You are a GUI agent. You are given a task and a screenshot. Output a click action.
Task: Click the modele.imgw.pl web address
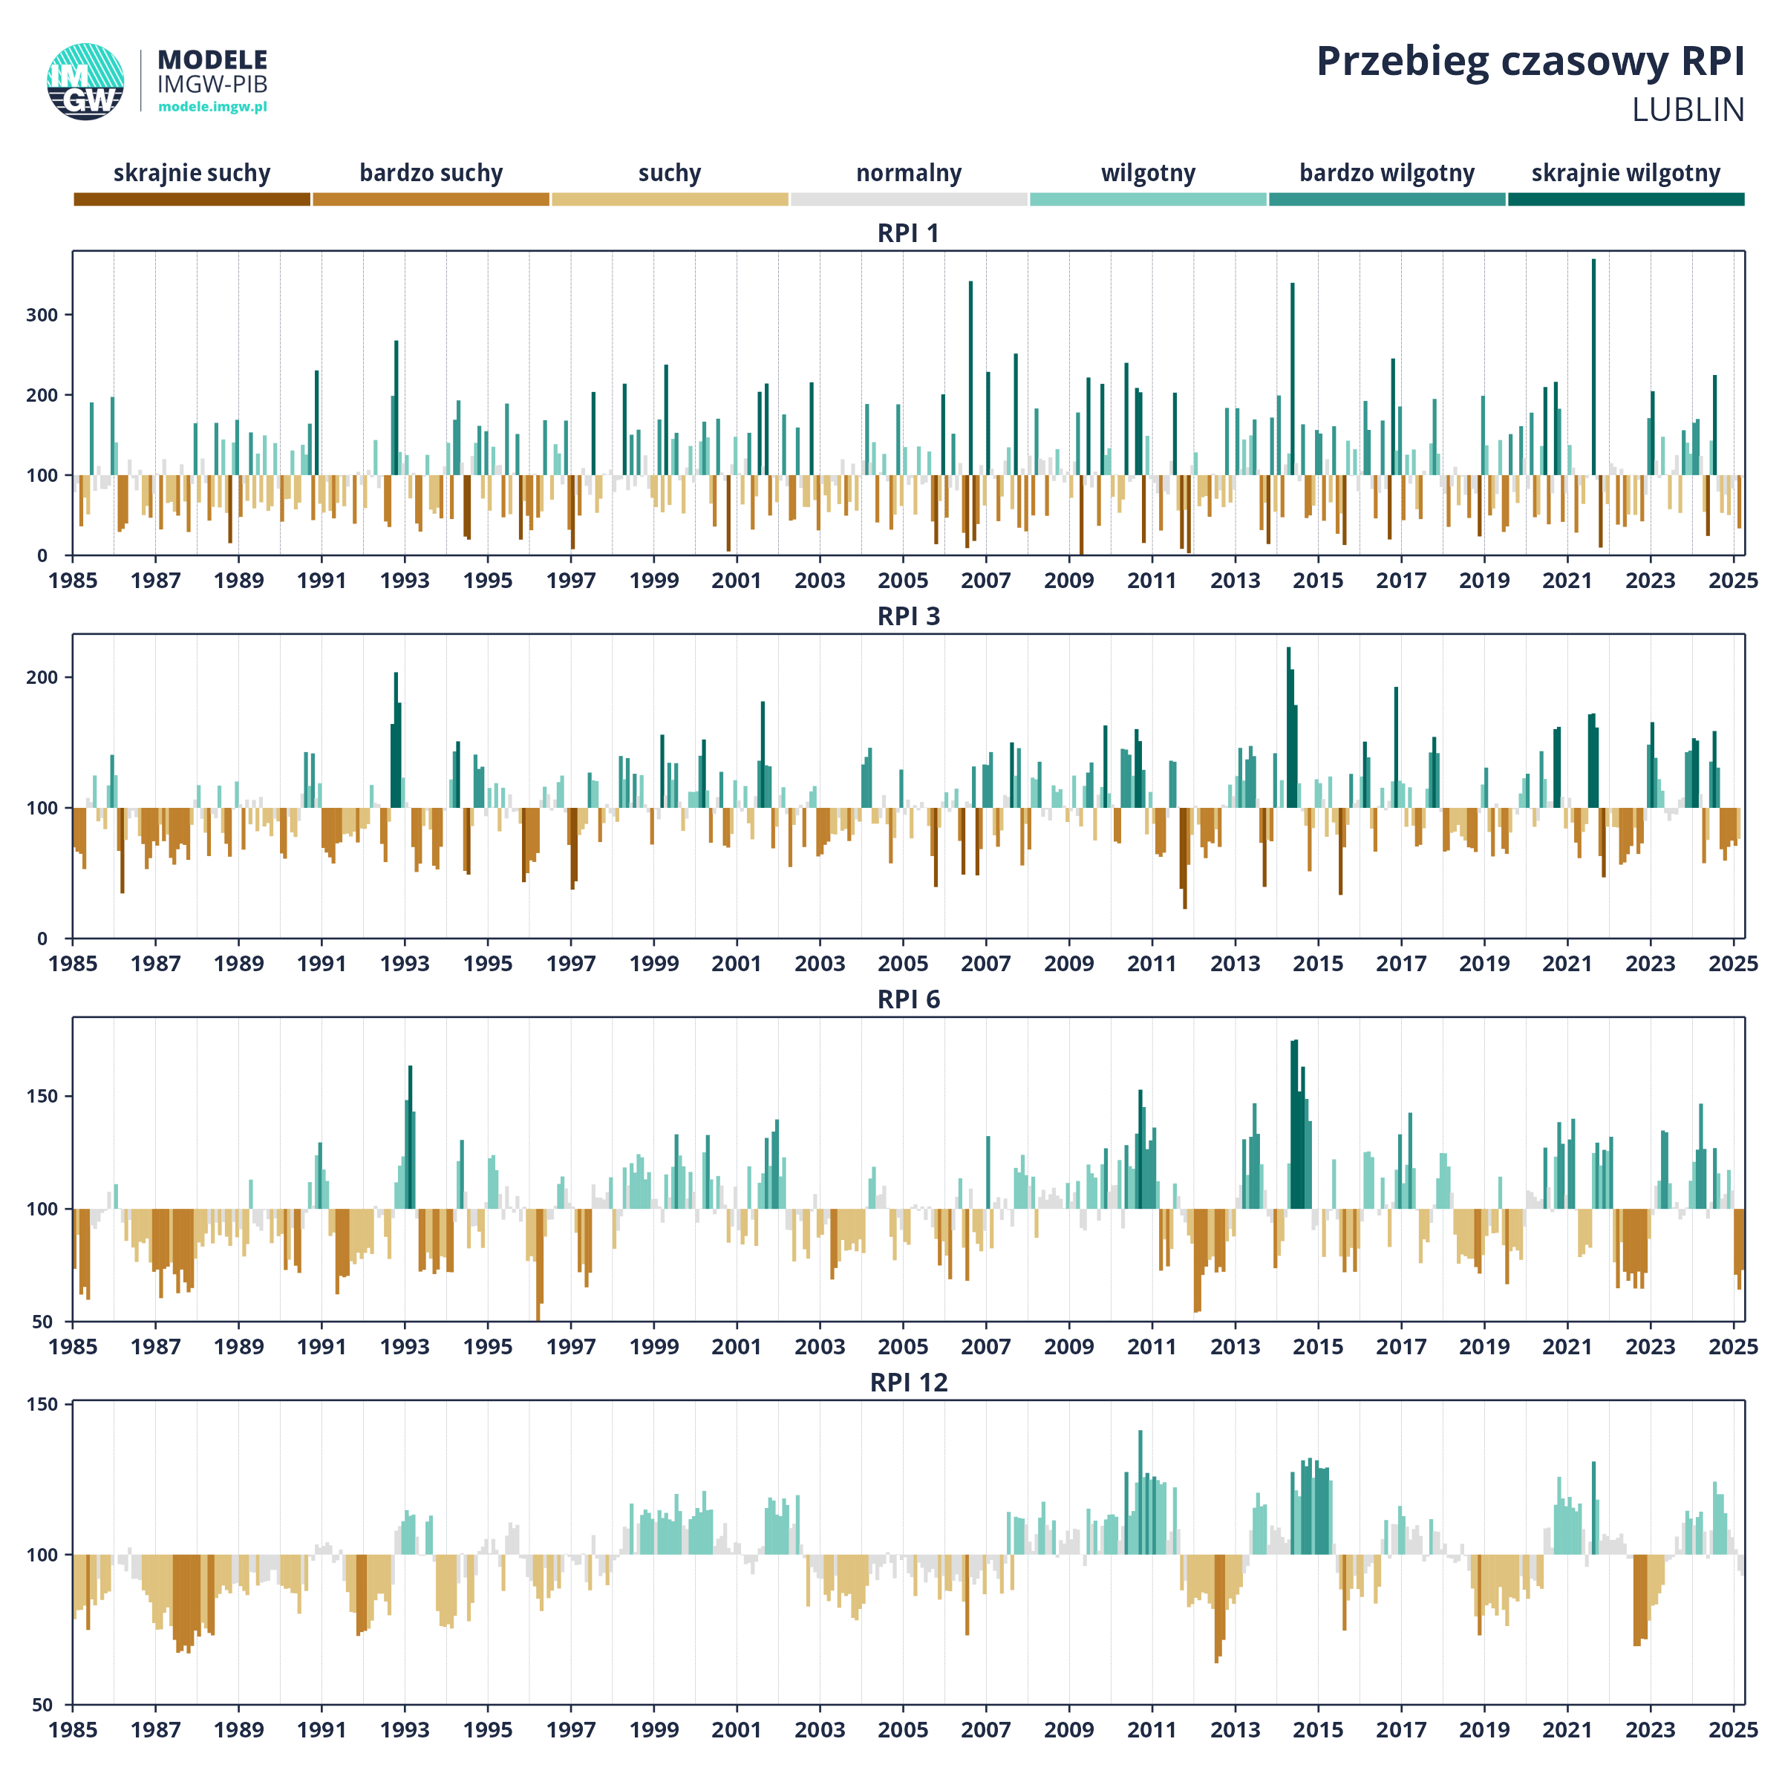point(212,107)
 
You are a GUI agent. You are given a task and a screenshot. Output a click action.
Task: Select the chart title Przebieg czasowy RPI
point(1530,62)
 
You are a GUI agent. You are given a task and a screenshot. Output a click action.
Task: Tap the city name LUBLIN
point(1688,110)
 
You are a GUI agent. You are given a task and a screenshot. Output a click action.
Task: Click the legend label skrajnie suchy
point(192,174)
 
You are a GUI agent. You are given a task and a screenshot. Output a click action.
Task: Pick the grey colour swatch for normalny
point(909,199)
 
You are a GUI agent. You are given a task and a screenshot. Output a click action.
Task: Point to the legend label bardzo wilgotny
point(1386,174)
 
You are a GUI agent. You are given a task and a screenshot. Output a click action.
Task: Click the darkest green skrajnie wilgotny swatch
point(1626,199)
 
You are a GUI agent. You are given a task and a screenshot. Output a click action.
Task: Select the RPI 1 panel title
point(909,233)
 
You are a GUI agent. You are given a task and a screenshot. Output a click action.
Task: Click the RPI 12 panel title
point(909,1383)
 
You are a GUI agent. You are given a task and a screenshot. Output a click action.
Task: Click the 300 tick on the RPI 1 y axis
point(42,315)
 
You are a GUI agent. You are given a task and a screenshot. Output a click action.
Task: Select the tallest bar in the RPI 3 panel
point(1288,728)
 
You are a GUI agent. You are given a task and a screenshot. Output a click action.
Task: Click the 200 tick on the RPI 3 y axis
point(42,677)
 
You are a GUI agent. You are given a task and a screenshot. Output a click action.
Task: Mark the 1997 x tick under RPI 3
point(571,964)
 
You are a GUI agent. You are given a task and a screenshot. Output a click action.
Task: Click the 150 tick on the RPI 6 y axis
point(42,1096)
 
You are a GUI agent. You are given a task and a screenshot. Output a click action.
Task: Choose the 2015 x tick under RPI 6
point(1318,1347)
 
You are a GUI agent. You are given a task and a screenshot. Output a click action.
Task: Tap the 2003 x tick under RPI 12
point(820,1730)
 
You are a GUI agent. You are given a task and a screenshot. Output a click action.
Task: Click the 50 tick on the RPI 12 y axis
point(42,1706)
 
